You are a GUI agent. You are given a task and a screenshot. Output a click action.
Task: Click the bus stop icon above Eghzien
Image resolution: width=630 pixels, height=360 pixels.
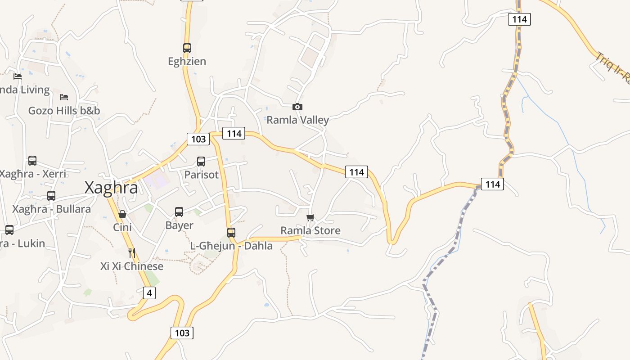pos(187,48)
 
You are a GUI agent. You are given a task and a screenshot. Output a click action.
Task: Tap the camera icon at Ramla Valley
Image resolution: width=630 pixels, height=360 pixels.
pos(297,107)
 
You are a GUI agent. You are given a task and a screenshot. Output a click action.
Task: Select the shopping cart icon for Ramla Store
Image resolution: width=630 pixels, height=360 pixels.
pos(310,218)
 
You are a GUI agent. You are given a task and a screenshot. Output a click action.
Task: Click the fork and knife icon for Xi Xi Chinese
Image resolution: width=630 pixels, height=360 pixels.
pos(131,253)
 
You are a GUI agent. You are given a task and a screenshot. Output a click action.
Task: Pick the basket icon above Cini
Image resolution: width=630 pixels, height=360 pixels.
pos(122,214)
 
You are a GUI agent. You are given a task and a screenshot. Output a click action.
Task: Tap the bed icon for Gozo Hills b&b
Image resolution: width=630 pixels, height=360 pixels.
pos(64,97)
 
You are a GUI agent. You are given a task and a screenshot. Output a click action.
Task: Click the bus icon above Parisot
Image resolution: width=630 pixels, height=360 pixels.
pos(201,161)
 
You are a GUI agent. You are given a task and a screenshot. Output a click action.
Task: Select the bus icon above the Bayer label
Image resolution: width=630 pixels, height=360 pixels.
pos(179,211)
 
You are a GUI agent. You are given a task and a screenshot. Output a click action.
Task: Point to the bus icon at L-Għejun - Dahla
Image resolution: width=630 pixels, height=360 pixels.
pos(231,232)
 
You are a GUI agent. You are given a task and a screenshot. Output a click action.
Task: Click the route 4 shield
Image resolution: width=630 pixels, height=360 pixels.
pos(149,293)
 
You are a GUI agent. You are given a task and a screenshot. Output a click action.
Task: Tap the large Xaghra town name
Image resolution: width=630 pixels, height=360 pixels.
pos(111,188)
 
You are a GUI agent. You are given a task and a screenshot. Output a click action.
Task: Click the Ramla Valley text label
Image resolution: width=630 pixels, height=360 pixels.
pos(297,120)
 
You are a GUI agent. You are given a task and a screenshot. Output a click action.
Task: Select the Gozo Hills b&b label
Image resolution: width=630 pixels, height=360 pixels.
pos(64,111)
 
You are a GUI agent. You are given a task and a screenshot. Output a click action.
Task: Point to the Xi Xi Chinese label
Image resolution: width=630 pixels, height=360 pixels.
pos(131,266)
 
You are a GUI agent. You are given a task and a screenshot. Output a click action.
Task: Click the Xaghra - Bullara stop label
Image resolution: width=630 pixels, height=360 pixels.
pos(51,209)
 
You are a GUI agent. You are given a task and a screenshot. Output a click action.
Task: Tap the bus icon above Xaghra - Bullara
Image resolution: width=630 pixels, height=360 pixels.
pos(51,196)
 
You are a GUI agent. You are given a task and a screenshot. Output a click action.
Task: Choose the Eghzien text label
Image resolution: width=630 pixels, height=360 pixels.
pos(187,61)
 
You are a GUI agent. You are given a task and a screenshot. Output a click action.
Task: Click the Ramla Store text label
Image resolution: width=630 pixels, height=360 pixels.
pos(310,230)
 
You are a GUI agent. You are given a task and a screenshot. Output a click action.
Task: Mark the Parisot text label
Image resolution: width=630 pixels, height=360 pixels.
pos(201,174)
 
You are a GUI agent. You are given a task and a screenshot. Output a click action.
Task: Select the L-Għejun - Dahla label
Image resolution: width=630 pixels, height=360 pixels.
pos(231,246)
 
